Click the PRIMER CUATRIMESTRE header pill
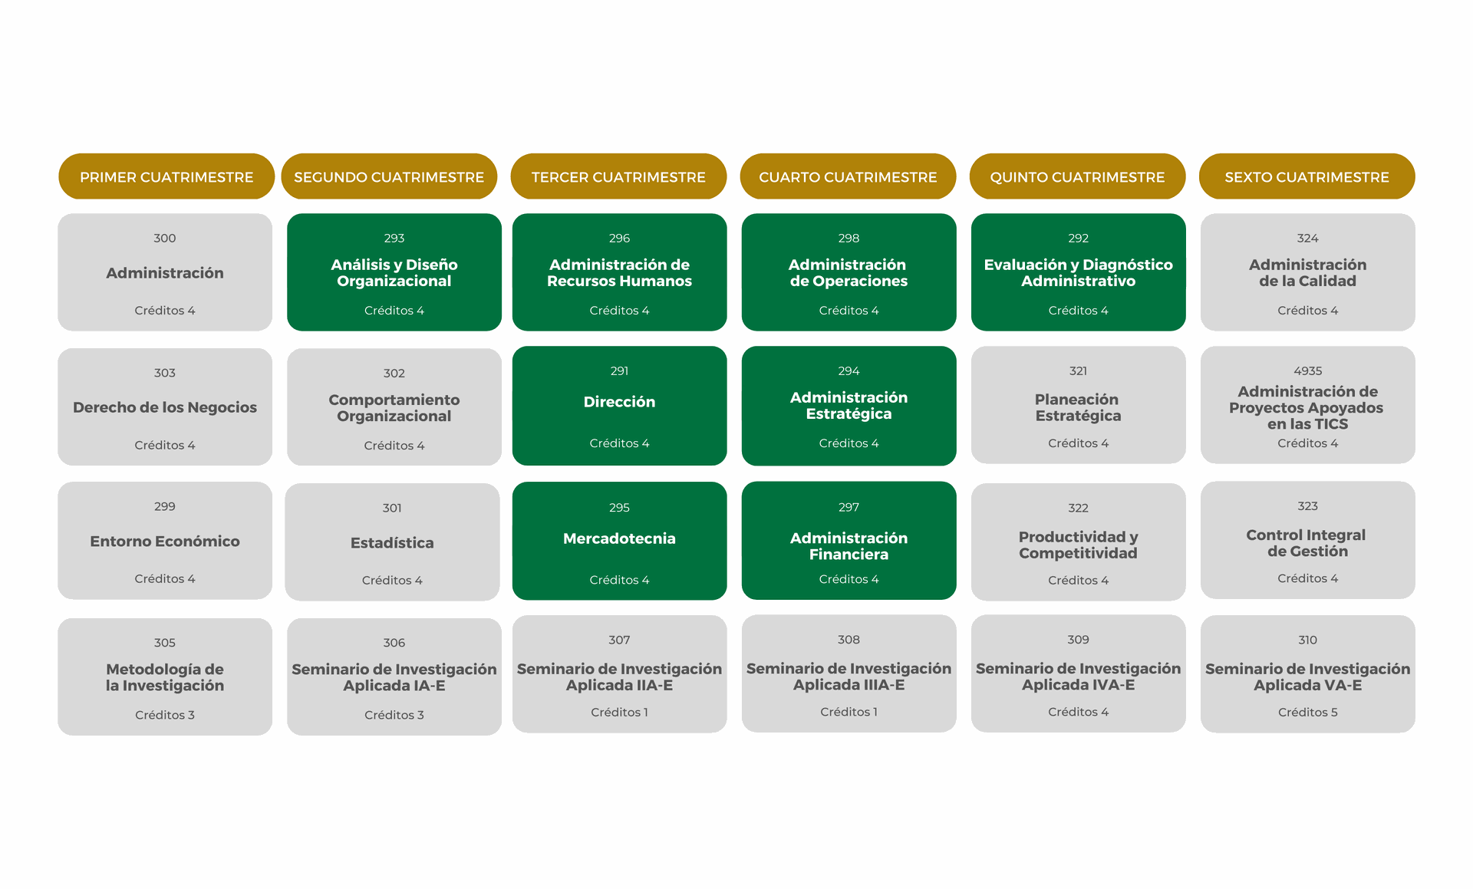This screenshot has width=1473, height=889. click(x=166, y=177)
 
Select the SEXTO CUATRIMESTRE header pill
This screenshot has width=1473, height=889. click(x=1307, y=177)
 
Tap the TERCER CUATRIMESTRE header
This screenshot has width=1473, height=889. click(x=618, y=177)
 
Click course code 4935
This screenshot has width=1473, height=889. click(x=1307, y=371)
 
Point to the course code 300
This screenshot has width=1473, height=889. click(x=165, y=239)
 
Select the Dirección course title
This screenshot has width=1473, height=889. click(x=619, y=402)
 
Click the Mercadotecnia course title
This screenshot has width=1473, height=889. click(x=619, y=538)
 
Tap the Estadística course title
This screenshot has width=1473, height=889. click(x=392, y=543)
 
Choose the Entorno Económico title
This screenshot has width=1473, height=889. click(x=165, y=542)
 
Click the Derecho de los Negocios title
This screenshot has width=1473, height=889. click(x=165, y=407)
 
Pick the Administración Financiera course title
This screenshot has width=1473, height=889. click(x=849, y=546)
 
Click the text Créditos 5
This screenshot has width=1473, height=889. click(x=1307, y=713)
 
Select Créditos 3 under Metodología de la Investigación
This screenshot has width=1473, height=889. click(x=165, y=715)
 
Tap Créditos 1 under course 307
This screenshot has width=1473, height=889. click(x=619, y=713)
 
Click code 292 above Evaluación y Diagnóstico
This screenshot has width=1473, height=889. click(x=1078, y=239)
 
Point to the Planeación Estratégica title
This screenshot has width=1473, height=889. click(x=1078, y=407)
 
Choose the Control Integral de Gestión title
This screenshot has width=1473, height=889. click(x=1307, y=543)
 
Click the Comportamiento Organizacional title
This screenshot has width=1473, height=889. click(x=394, y=408)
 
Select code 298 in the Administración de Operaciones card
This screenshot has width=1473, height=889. click(x=849, y=239)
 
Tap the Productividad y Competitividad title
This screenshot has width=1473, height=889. click(x=1078, y=545)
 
